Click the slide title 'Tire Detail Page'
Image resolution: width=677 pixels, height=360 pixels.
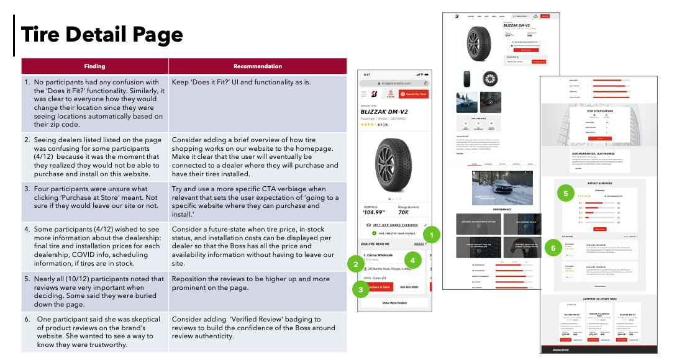(102, 35)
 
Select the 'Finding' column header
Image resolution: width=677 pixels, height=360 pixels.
(94, 66)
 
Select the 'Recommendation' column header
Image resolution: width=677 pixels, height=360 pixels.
(257, 66)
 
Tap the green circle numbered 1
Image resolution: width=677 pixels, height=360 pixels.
(431, 235)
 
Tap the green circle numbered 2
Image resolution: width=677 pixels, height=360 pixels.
(355, 265)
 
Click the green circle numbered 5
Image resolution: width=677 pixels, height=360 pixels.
(565, 194)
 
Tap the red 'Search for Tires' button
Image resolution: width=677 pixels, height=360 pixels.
(414, 94)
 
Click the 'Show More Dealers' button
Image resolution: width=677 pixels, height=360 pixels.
(394, 303)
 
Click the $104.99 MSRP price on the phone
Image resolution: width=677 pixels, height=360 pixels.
(376, 212)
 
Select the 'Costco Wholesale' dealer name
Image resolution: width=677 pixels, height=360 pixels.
(378, 255)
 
